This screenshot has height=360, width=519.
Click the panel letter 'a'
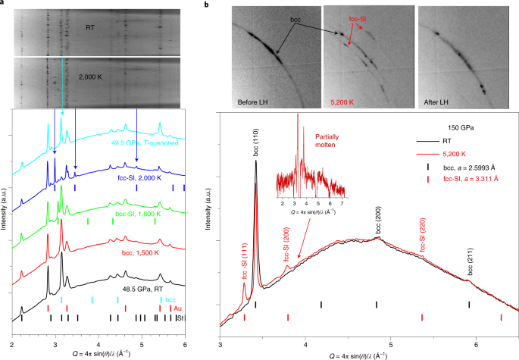(4, 4)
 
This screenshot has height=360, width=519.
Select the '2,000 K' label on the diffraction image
(93, 77)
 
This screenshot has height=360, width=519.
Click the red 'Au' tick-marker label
(177, 309)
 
